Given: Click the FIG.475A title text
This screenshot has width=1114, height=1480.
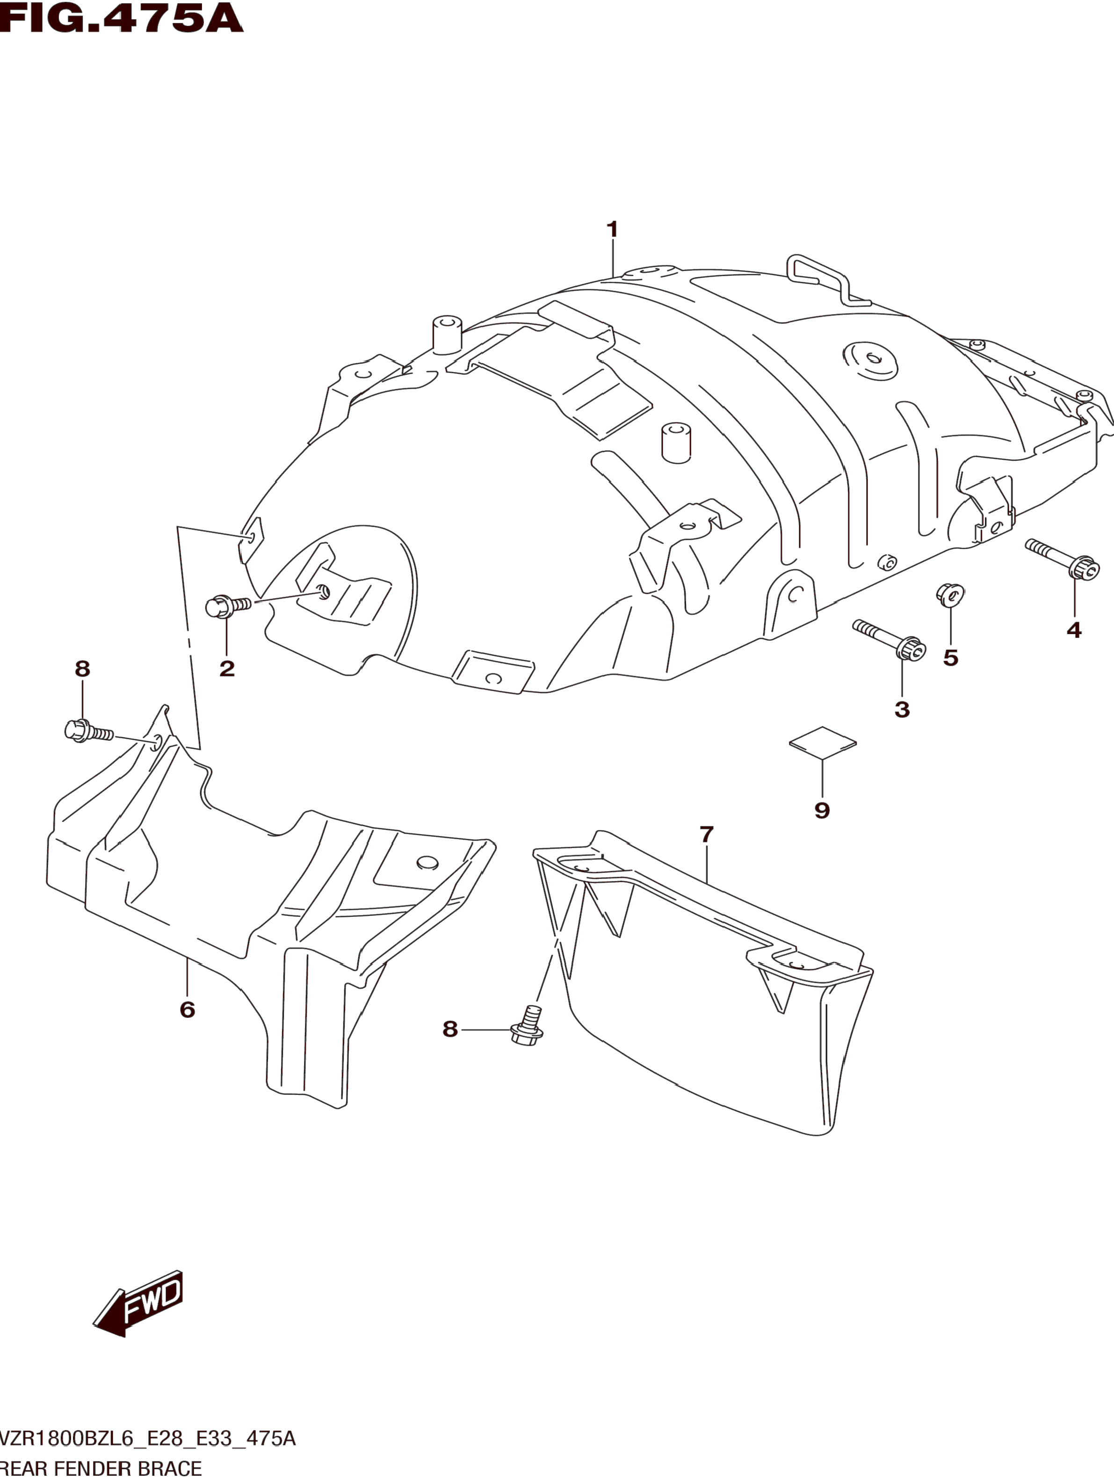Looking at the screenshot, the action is point(121,18).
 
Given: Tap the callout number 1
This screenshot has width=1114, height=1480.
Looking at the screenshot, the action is point(612,229).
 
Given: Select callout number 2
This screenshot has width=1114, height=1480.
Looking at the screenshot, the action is point(227,668).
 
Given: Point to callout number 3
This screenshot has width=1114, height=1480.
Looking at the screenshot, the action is point(902,709).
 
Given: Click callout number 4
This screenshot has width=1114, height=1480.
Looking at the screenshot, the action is point(1074,629).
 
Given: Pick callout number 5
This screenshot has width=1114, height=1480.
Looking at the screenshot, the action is point(951,658).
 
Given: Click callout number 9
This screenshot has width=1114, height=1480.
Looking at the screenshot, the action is point(822,810).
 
